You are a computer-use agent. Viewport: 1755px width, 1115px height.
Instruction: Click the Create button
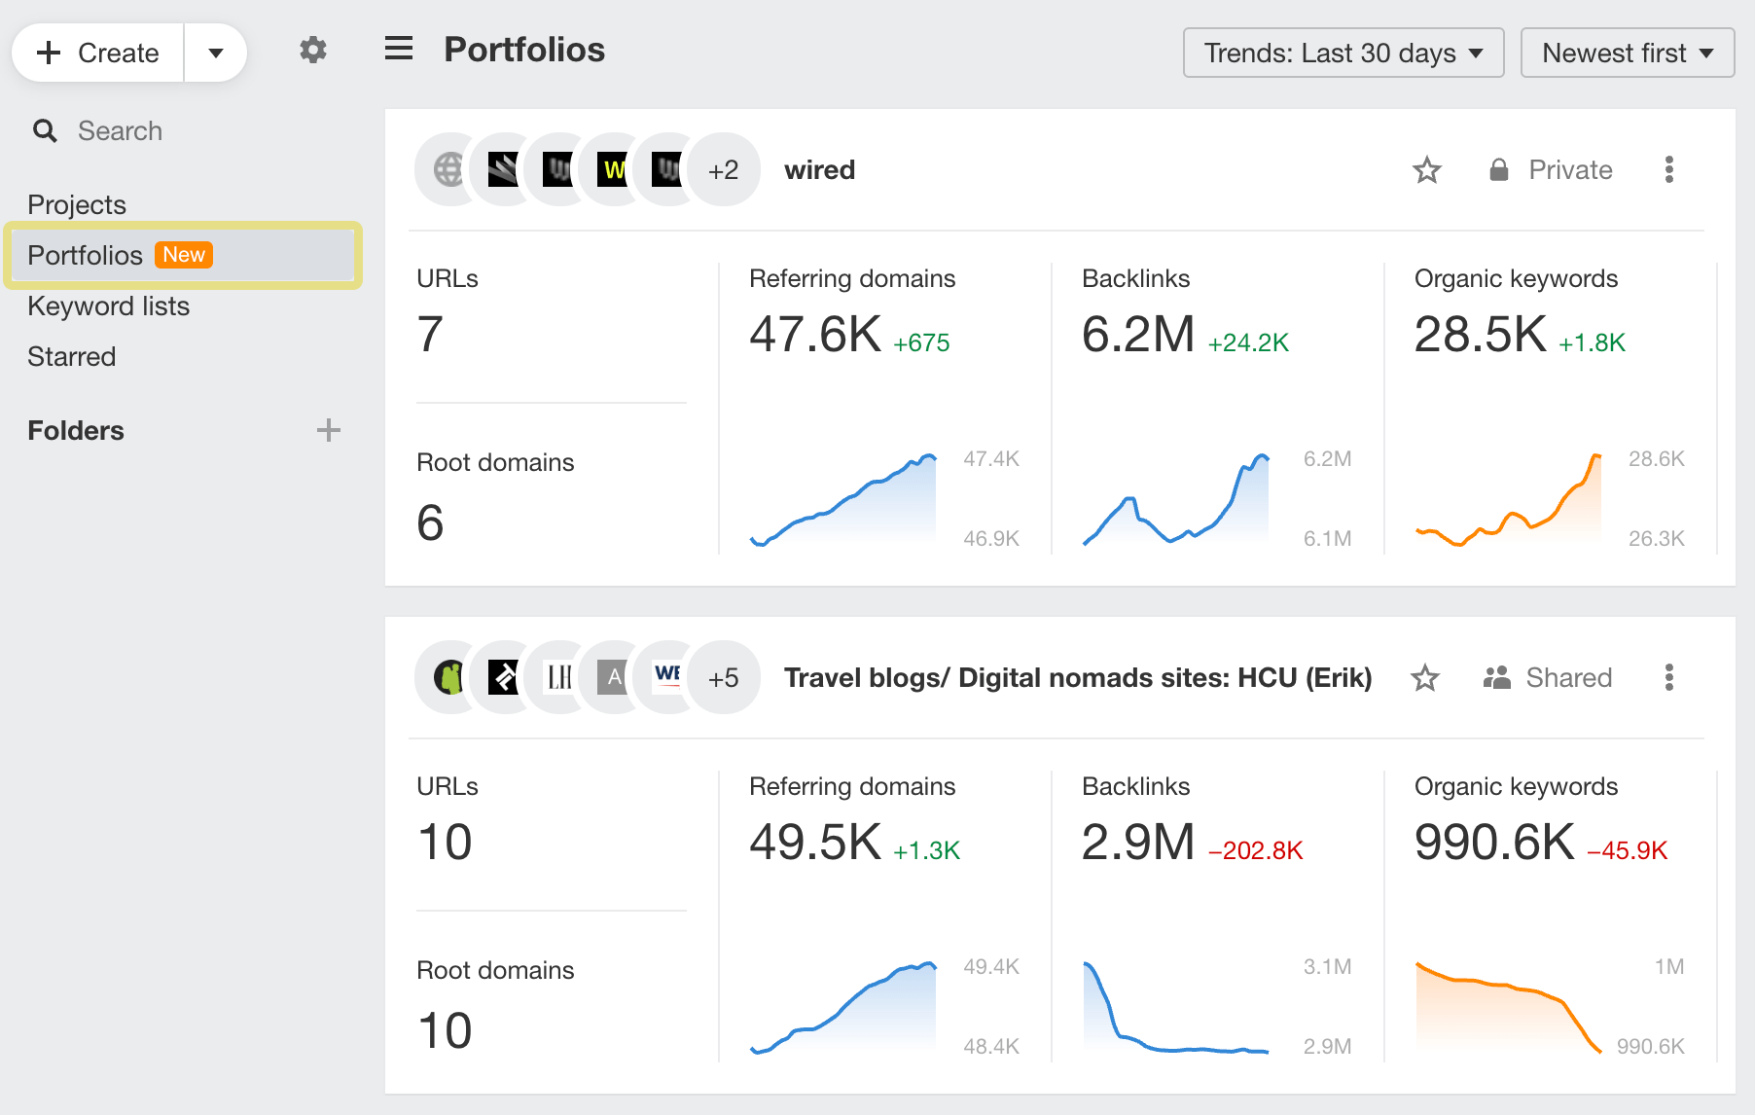[x=98, y=53]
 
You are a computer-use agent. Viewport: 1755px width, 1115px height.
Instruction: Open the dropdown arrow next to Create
[x=216, y=53]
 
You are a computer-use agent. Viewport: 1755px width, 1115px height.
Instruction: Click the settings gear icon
[x=312, y=50]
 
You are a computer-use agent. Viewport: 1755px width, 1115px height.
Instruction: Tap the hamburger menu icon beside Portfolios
[x=399, y=49]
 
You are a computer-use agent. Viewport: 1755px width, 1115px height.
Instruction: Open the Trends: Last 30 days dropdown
[x=1343, y=53]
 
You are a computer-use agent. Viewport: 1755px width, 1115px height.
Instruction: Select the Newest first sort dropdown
[x=1627, y=53]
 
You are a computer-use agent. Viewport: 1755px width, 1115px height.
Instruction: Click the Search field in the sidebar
[x=120, y=130]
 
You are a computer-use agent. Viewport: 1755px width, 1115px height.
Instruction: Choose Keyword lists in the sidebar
[x=108, y=306]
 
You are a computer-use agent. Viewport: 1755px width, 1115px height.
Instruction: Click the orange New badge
[x=184, y=255]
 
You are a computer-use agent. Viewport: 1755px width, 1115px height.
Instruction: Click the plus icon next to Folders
[x=329, y=430]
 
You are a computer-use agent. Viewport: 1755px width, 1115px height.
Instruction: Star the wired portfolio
[x=1426, y=170]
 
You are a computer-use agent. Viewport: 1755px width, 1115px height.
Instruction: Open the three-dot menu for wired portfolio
[x=1668, y=170]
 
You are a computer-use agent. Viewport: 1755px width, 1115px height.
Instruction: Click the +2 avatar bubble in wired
[x=723, y=170]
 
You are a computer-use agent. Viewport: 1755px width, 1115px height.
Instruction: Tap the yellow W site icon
[x=613, y=170]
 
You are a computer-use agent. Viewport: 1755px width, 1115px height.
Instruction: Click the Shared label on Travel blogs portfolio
[x=1568, y=677]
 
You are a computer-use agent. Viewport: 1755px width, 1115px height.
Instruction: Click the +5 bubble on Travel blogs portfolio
[x=723, y=677]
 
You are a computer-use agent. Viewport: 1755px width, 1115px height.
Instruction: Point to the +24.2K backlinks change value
[x=1248, y=342]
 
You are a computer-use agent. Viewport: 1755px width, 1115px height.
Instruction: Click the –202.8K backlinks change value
[x=1255, y=850]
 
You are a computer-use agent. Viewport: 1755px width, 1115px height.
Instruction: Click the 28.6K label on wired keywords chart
[x=1656, y=458]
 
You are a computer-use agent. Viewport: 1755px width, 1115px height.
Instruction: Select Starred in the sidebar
[x=71, y=356]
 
